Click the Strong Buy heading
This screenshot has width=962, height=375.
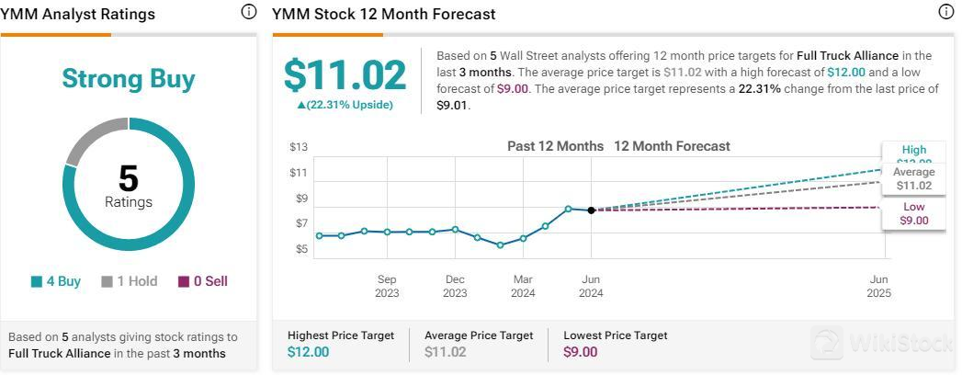tap(129, 79)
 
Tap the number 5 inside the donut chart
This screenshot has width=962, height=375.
tap(128, 178)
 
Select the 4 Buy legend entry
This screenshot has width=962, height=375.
tap(56, 281)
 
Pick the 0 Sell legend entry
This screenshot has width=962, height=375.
tap(202, 281)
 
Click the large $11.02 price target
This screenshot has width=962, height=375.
tap(345, 75)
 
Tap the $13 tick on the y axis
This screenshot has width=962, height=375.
tap(299, 147)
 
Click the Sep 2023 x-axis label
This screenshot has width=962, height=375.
tap(387, 286)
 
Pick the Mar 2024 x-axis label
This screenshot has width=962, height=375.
tap(523, 286)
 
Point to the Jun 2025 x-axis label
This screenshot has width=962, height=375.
tap(879, 286)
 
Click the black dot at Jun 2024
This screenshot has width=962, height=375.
tap(591, 210)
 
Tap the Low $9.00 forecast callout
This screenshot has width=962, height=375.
tap(913, 214)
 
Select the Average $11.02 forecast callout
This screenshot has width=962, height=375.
tap(913, 178)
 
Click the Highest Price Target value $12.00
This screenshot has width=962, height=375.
tap(308, 352)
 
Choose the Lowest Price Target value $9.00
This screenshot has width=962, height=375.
tap(581, 352)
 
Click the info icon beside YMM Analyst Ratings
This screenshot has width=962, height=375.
tap(248, 12)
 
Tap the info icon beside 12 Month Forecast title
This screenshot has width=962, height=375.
tap(946, 12)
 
